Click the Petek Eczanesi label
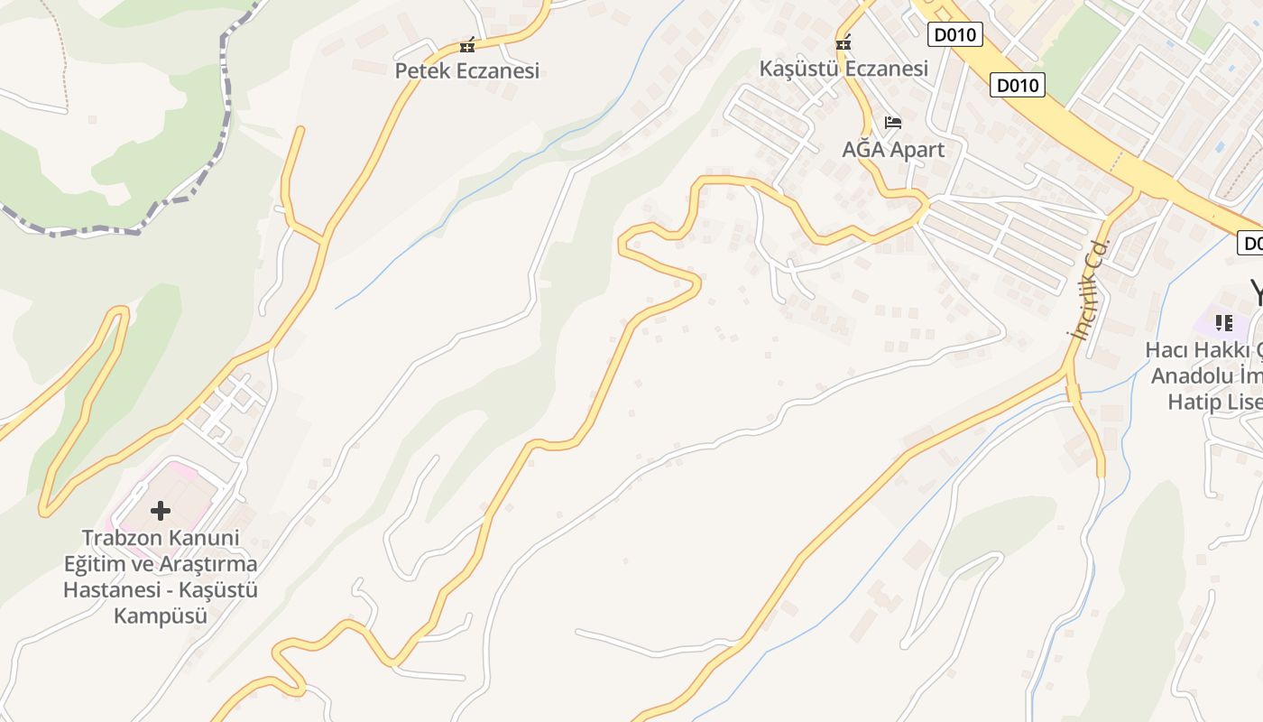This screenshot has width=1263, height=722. tap(466, 70)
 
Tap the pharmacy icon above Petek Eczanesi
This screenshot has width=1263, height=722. tap(466, 45)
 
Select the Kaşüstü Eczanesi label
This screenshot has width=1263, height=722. tap(844, 69)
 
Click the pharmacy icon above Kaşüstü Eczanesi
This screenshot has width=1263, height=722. tap(844, 42)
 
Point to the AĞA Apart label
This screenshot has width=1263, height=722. tap(893, 149)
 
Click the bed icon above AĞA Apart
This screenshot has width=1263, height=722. tap(893, 122)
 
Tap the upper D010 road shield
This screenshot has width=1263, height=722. tap(954, 34)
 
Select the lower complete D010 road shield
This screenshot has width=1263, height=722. tap(1018, 85)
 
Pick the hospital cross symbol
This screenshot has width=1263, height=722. tap(161, 511)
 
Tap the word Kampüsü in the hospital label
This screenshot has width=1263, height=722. tap(161, 616)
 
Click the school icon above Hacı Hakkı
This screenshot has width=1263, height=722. tap(1224, 322)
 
